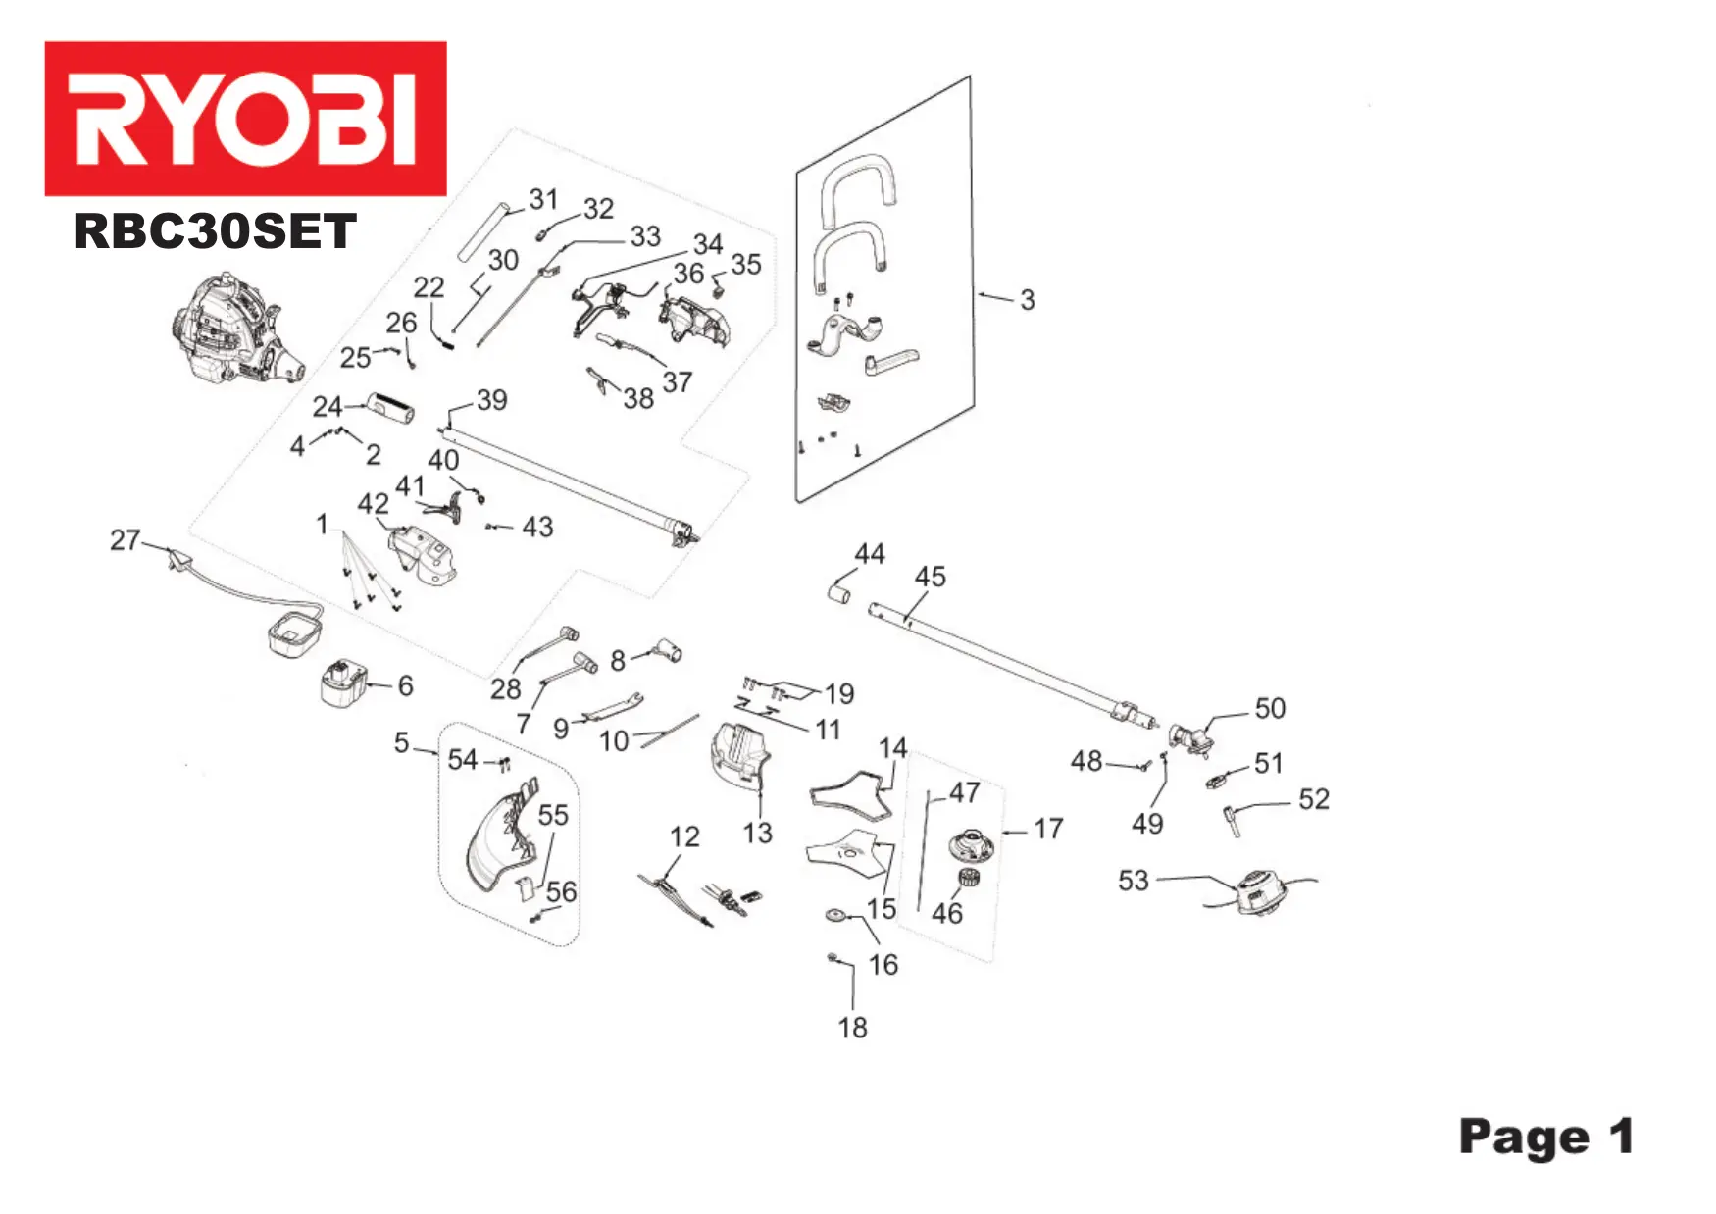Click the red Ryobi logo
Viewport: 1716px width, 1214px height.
click(x=245, y=118)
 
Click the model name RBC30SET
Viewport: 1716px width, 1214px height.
click(x=215, y=232)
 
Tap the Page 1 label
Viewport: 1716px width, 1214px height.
click(x=1545, y=1138)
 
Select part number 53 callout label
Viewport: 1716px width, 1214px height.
click(x=1133, y=880)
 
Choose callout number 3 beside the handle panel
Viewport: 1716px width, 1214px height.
click(x=1027, y=300)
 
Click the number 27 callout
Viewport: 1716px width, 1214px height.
click(x=125, y=539)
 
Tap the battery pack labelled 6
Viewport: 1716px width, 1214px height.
click(x=343, y=683)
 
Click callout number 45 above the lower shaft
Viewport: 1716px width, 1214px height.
click(x=930, y=577)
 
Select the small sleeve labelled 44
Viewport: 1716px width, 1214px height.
click(x=839, y=593)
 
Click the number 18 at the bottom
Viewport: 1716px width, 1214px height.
click(x=852, y=1027)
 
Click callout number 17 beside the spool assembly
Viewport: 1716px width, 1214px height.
click(x=1047, y=829)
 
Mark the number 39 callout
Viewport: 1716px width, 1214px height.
click(x=491, y=399)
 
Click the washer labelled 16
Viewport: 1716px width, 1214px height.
click(x=836, y=915)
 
